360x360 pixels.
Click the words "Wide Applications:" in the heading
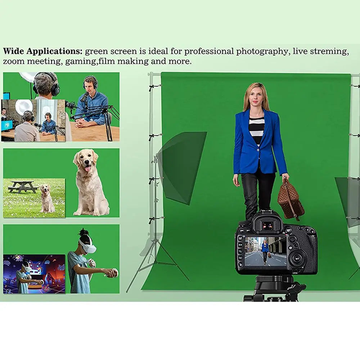tap(43, 51)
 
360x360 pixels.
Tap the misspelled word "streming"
tap(332, 51)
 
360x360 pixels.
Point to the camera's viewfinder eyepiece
tap(267, 226)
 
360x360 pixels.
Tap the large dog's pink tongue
tap(88, 169)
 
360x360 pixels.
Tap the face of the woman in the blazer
tap(256, 98)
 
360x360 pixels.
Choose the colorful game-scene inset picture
tap(34, 274)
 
